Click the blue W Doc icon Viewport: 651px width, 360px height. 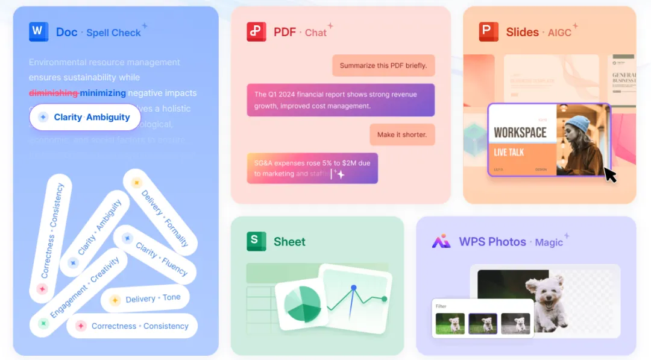point(39,31)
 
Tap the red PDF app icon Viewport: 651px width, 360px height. point(256,31)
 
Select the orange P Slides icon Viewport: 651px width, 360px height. point(489,31)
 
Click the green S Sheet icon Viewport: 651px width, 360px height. point(256,241)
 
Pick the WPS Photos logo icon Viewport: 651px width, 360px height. point(441,241)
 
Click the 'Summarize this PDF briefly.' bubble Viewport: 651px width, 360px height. point(383,66)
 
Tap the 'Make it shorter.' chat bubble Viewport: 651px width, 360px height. point(402,134)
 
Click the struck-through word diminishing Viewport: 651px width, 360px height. point(54,93)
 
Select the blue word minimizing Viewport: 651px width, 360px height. point(103,93)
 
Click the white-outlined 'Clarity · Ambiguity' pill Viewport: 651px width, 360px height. point(85,117)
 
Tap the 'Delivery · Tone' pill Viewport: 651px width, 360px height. point(145,298)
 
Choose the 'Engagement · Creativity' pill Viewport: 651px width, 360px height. point(78,292)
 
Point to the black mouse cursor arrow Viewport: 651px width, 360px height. point(610,175)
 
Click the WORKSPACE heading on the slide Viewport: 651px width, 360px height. point(520,132)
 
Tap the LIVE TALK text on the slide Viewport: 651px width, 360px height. point(509,153)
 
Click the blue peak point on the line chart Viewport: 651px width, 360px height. point(353,287)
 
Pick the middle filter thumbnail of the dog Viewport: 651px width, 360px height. point(483,324)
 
